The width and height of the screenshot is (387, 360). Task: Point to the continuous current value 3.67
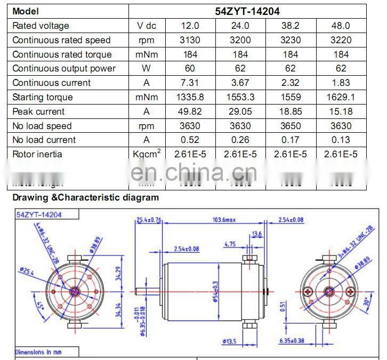coord(238,83)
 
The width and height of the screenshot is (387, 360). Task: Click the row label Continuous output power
coord(64,68)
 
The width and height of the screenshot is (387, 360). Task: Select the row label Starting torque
coord(43,97)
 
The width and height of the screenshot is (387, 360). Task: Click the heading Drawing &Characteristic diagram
coord(86,197)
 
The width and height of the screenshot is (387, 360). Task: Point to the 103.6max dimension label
coord(223,220)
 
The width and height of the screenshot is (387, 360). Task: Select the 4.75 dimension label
coord(230,244)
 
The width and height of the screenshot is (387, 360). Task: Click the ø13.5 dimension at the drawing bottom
coord(230,341)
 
